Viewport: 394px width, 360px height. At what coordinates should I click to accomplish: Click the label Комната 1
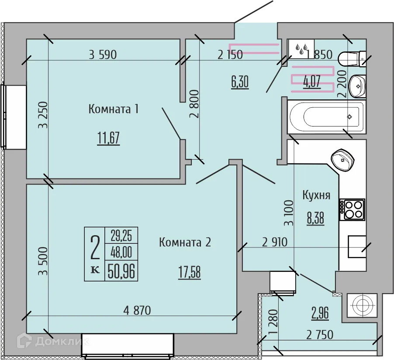114,109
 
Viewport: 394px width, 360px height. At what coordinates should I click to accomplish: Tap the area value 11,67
108,139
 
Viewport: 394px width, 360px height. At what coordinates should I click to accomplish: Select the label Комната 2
185,242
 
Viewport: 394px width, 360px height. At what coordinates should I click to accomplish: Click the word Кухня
316,195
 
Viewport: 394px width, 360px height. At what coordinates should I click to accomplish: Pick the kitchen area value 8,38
315,218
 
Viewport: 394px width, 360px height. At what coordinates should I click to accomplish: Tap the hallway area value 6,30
240,82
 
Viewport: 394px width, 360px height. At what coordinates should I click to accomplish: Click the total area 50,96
121,271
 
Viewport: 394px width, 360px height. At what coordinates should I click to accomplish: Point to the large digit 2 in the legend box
94,247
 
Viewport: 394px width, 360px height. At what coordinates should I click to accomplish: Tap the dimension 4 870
137,311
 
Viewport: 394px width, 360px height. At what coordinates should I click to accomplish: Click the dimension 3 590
103,55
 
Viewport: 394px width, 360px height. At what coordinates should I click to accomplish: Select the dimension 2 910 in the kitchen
275,242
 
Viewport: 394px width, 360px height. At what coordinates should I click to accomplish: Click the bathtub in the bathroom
326,117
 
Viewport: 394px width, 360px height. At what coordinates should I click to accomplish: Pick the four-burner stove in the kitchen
352,209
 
